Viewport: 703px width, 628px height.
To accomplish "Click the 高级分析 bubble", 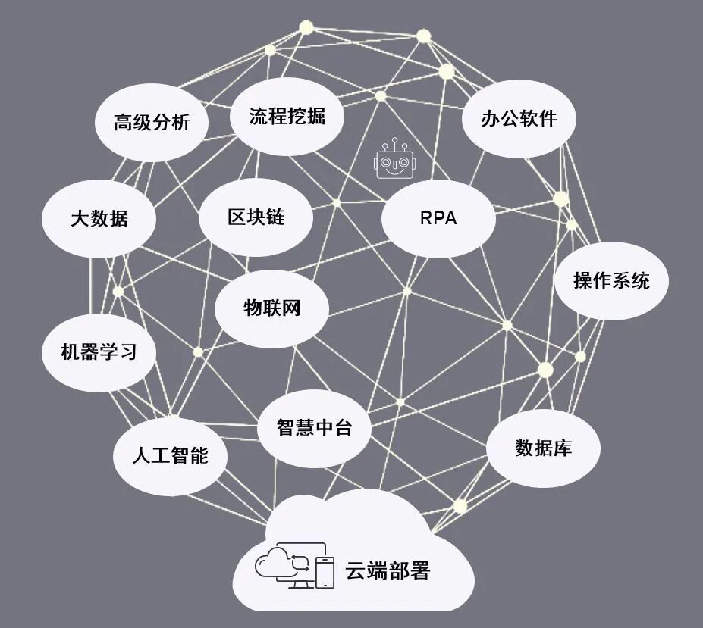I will tap(152, 123).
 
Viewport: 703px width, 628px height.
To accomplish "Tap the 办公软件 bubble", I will tap(519, 119).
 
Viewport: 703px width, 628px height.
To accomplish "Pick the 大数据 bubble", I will tap(99, 219).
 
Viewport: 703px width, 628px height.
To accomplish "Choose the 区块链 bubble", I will tap(256, 217).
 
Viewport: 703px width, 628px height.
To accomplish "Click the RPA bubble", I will tap(438, 218).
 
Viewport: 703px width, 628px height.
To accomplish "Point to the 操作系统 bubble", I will tap(611, 280).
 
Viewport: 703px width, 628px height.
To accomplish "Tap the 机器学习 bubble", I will tap(99, 352).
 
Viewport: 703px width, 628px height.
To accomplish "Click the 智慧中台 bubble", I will tap(315, 427).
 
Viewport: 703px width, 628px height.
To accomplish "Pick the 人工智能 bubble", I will tap(170, 456).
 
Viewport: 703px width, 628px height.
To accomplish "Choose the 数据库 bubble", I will tap(543, 448).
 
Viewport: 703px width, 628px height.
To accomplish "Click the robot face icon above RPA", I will tap(395, 160).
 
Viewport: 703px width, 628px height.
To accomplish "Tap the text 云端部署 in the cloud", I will tap(388, 570).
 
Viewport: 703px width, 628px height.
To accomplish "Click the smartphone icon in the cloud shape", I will tap(325, 572).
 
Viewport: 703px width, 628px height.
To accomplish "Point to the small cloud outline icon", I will tap(268, 564).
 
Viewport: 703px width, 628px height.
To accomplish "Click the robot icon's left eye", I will tap(388, 163).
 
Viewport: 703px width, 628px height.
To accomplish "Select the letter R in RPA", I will tap(425, 218).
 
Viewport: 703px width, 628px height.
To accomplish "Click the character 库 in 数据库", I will tap(562, 448).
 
